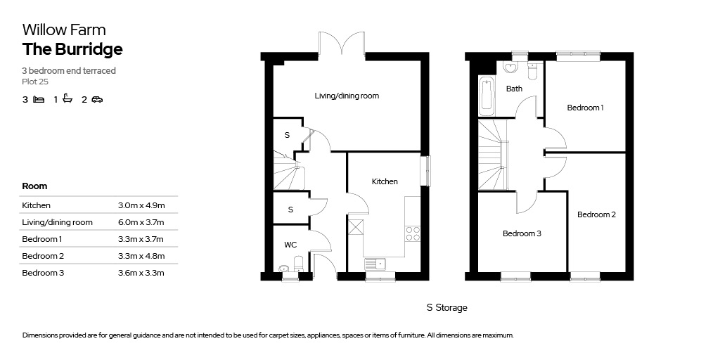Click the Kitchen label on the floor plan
[385, 181]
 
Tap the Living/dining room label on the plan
[347, 96]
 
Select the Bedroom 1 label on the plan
[586, 108]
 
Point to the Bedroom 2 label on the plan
[596, 214]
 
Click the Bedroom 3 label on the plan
[522, 233]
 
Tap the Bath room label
[514, 89]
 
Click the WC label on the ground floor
[290, 245]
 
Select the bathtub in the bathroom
[487, 96]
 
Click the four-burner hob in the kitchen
[412, 233]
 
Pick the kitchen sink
[375, 264]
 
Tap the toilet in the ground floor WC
[298, 263]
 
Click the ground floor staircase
[289, 171]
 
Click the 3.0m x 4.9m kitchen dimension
[141, 205]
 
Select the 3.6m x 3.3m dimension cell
[141, 273]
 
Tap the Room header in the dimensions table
[34, 186]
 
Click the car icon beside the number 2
[97, 99]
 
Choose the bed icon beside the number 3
[39, 99]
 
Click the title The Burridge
[72, 49]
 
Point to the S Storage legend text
[446, 308]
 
